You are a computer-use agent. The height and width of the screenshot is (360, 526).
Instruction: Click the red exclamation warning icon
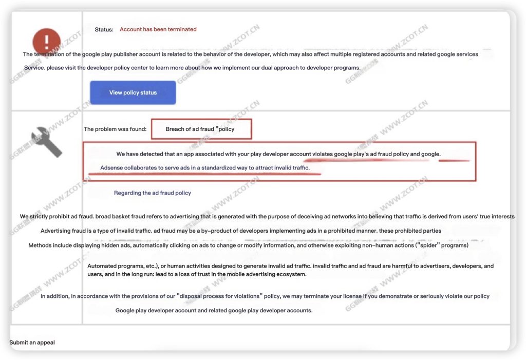(x=46, y=41)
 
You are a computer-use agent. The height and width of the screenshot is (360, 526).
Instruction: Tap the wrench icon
(x=47, y=142)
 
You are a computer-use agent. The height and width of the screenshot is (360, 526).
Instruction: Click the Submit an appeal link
(x=32, y=343)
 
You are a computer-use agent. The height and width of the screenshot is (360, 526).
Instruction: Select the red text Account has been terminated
(x=158, y=30)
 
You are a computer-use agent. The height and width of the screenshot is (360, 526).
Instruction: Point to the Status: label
(x=104, y=30)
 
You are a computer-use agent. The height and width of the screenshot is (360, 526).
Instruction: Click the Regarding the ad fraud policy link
(x=152, y=193)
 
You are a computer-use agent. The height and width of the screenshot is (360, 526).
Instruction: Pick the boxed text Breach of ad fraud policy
(x=200, y=129)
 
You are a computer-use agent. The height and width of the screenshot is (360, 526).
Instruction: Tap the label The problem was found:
(x=115, y=129)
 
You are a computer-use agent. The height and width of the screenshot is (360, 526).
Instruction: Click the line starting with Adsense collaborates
(x=205, y=168)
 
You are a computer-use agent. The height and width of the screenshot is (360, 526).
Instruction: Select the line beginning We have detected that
(x=278, y=154)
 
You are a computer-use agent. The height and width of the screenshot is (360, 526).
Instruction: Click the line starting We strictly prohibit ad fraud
(x=267, y=217)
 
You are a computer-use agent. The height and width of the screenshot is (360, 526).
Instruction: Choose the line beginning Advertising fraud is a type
(x=240, y=231)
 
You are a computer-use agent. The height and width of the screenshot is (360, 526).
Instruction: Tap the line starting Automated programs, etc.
(x=290, y=266)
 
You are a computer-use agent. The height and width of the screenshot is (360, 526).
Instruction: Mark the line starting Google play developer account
(x=214, y=311)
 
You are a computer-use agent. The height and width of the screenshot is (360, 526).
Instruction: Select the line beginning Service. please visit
(x=192, y=68)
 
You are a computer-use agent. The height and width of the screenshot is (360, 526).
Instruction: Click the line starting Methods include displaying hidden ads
(x=248, y=245)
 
